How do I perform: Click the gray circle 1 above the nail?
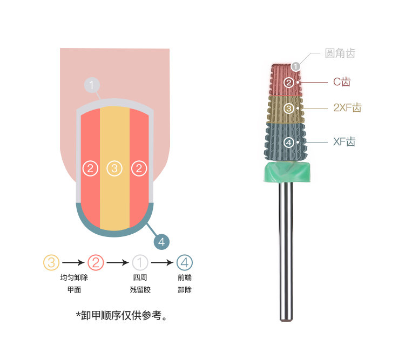point(92,85)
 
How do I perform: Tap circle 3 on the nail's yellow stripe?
point(114,168)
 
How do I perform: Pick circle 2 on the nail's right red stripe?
point(139,168)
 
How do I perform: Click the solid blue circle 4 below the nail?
point(162,241)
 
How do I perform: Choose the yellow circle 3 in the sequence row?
point(51,263)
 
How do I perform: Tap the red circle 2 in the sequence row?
point(96,263)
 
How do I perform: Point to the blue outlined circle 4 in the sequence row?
point(185,263)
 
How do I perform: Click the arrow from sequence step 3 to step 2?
point(73,263)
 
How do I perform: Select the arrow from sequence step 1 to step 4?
point(163,263)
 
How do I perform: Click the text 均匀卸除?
point(74,278)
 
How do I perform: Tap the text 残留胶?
point(140,290)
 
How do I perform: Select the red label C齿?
point(341,82)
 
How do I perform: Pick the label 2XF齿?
point(347,108)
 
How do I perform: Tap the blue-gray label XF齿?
point(344,142)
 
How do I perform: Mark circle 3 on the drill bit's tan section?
point(289,108)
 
